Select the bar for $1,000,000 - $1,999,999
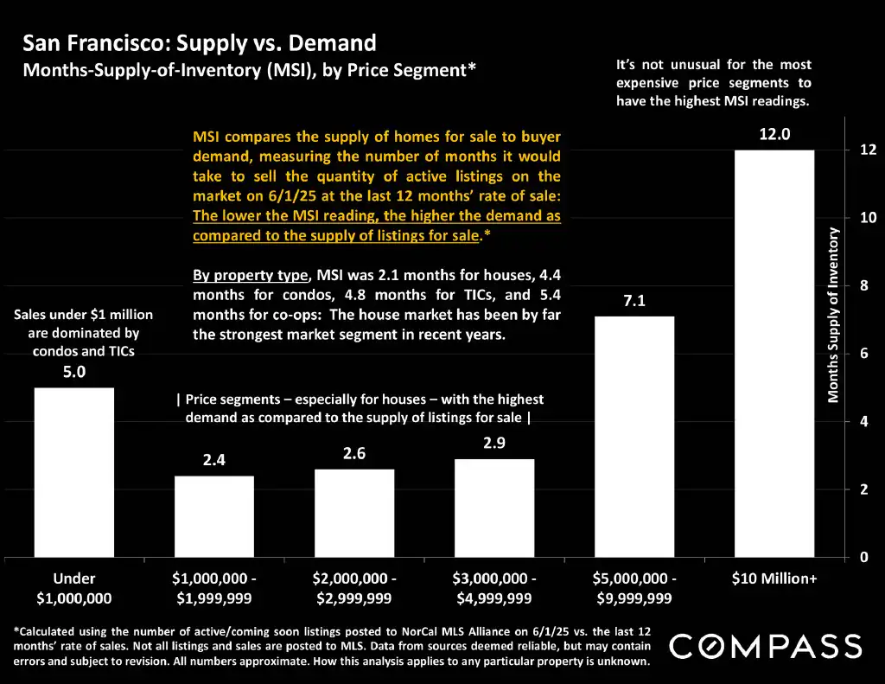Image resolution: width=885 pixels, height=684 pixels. click(214, 516)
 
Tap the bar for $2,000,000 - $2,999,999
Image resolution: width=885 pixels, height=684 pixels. click(354, 513)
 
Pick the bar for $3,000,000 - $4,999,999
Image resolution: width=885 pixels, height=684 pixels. click(494, 508)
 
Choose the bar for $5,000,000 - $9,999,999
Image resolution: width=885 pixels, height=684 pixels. click(634, 437)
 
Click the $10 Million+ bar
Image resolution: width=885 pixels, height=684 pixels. click(774, 354)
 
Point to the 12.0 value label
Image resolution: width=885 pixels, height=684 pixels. click(774, 135)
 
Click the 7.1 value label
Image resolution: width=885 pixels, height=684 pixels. click(634, 302)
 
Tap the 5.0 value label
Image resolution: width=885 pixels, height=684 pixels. click(73, 373)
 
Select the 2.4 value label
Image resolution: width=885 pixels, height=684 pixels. click(214, 461)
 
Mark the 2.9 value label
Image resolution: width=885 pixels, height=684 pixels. click(494, 444)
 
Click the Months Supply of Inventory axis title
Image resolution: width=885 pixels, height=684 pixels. click(834, 316)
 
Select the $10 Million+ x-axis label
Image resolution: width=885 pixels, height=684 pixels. click(774, 579)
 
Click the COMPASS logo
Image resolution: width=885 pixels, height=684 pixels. click(766, 646)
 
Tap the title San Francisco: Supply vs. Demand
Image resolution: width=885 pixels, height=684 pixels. click(200, 42)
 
